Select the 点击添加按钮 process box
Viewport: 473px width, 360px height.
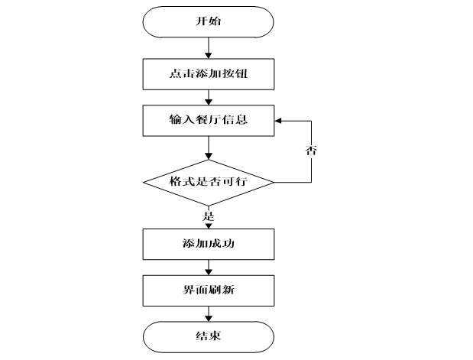point(209,74)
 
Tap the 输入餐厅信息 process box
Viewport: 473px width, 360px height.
point(209,120)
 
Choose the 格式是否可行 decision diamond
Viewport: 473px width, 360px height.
point(209,183)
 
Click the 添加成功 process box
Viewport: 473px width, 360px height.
point(209,244)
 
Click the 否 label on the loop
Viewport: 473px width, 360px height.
point(312,151)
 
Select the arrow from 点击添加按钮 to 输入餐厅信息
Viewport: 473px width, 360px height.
point(209,97)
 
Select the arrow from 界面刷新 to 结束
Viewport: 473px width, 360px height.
point(209,313)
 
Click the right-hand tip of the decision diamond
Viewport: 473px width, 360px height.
point(273,183)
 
